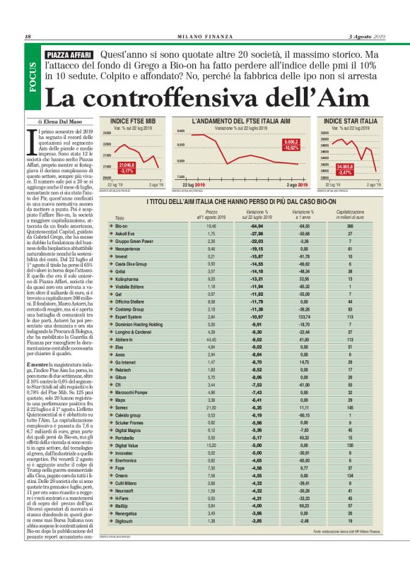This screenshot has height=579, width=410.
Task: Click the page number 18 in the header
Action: click(x=28, y=37)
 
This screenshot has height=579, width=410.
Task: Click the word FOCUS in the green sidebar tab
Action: click(x=32, y=76)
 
